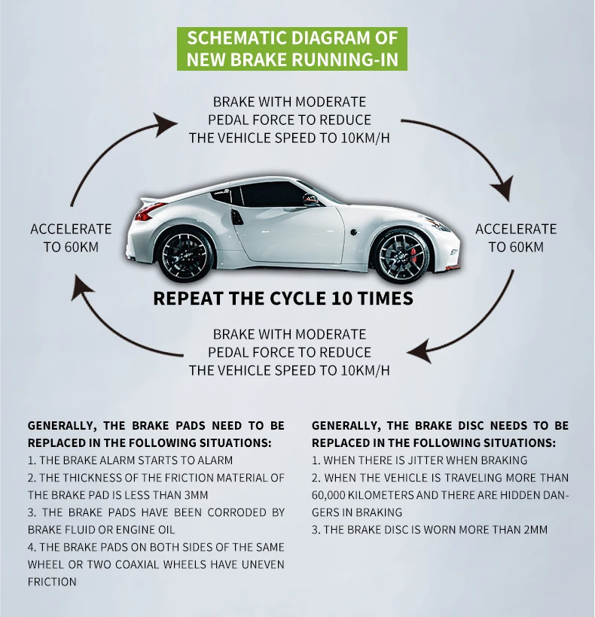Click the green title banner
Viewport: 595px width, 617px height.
point(291,49)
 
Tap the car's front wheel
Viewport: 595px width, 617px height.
point(401,254)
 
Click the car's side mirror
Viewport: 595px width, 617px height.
point(310,199)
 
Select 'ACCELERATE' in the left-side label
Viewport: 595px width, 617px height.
point(71,229)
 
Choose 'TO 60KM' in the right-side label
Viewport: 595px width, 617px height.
point(516,247)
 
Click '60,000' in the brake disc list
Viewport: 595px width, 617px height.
point(331,495)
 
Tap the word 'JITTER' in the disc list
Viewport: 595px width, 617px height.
point(424,460)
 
